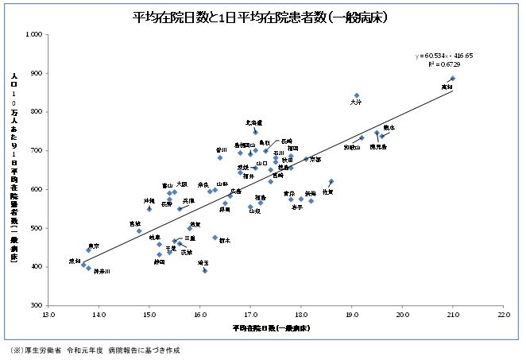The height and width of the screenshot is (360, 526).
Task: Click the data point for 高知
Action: [x=452, y=79]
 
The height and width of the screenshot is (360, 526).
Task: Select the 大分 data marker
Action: [x=357, y=95]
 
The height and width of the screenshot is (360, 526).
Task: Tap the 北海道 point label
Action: [x=254, y=122]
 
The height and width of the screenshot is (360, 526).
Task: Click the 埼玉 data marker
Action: [x=205, y=271]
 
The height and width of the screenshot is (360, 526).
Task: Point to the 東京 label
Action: [x=94, y=246]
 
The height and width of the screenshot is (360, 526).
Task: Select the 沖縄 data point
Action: [x=149, y=209]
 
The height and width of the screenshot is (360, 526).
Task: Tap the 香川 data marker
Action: [x=220, y=157]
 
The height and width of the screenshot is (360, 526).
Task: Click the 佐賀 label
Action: [x=327, y=192]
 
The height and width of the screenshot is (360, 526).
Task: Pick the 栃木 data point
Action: [x=215, y=238]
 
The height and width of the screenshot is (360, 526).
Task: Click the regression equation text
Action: [x=444, y=56]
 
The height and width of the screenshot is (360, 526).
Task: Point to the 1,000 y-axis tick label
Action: [x=33, y=35]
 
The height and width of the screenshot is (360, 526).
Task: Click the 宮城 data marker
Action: [x=139, y=231]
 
